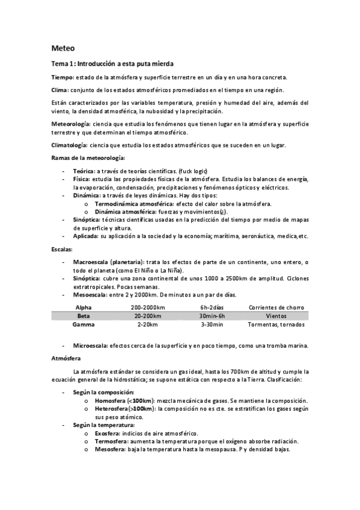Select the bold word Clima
tap(60, 90)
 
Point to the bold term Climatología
tap(69, 145)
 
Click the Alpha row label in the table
tap(84, 307)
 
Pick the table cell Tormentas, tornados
tap(276, 324)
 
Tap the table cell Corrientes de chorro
tap(276, 307)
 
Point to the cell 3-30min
tap(212, 324)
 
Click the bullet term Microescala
tap(90, 345)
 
